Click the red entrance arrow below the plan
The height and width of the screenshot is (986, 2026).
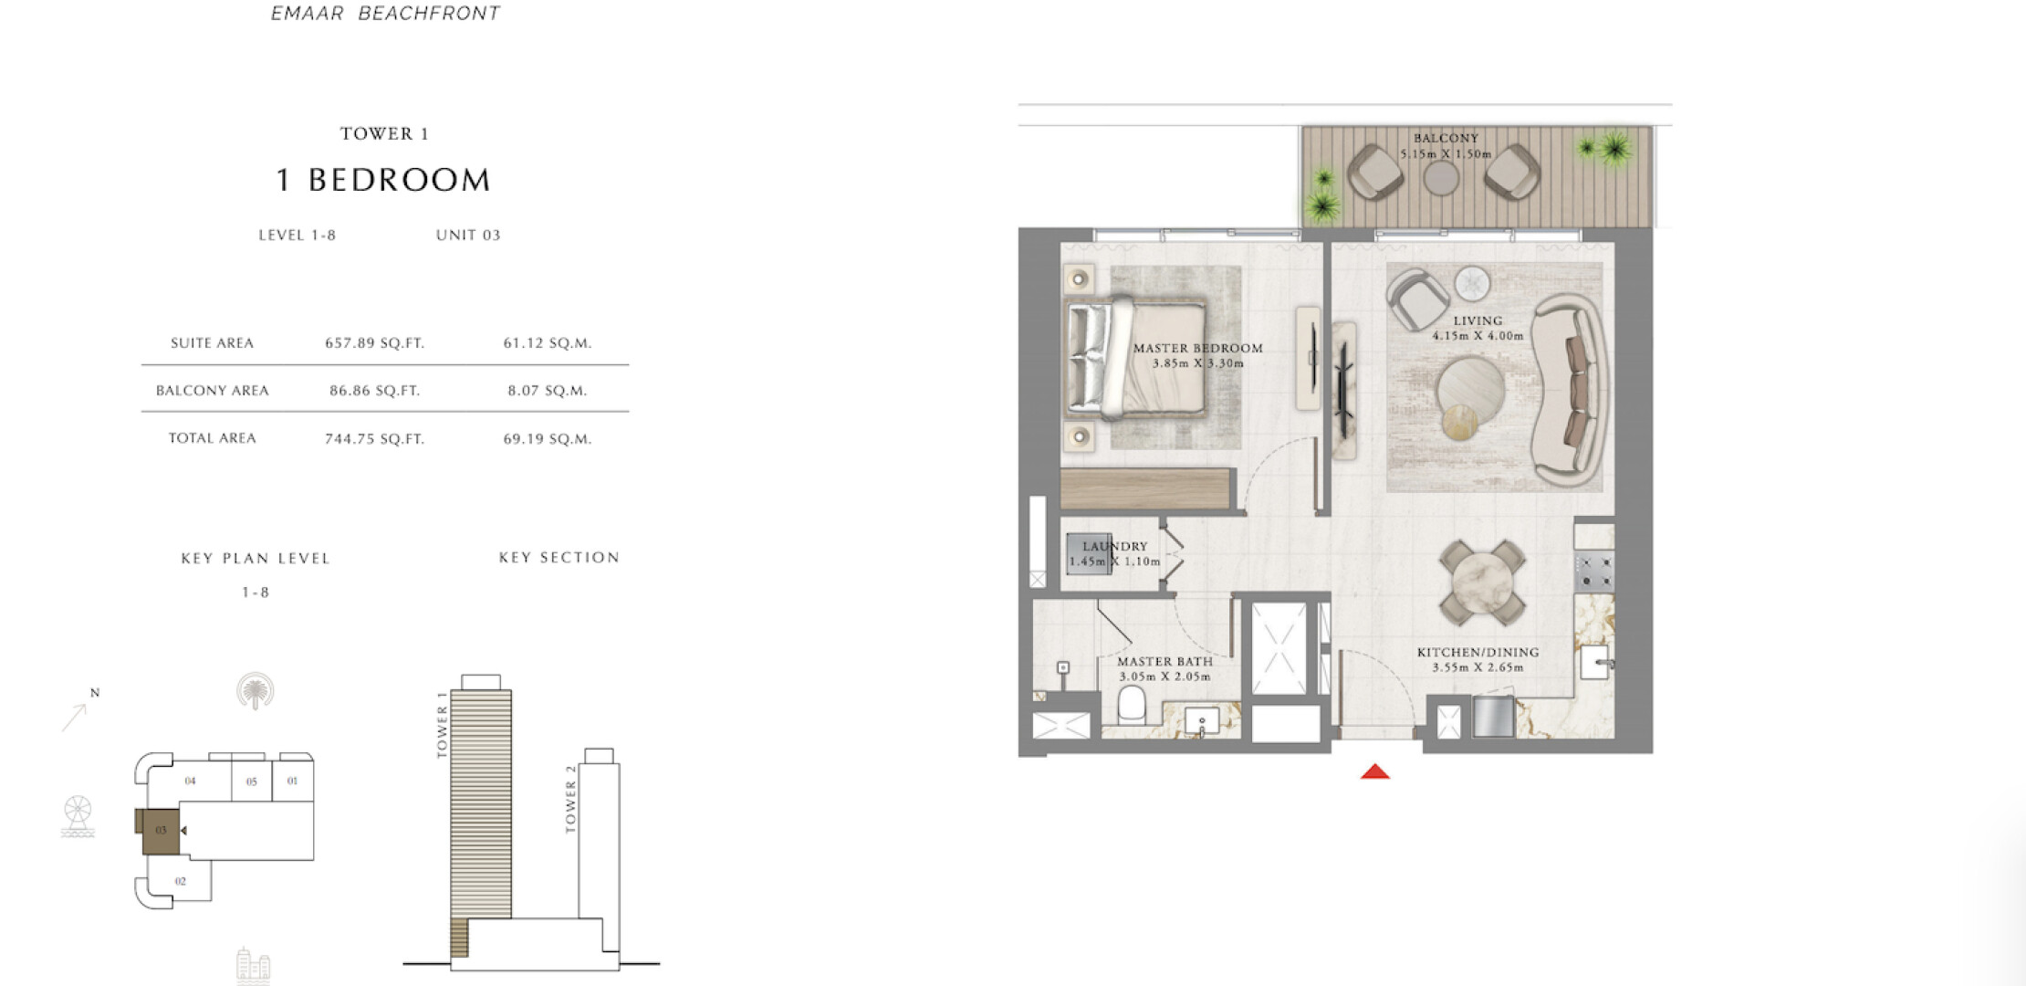coord(1375,772)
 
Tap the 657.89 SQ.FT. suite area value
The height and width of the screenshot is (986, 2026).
coord(375,343)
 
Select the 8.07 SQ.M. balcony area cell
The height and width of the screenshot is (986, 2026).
coord(548,391)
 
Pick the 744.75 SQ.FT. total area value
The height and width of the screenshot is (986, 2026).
coord(375,439)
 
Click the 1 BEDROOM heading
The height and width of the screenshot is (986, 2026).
coord(383,180)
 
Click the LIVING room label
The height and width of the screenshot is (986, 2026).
coord(1478,320)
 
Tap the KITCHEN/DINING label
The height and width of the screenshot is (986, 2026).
coord(1478,652)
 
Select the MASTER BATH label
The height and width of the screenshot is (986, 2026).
coord(1165,661)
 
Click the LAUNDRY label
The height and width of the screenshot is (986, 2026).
coord(1115,546)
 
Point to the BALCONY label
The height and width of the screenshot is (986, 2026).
coord(1446,139)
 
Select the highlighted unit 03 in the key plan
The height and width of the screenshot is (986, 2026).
coord(161,830)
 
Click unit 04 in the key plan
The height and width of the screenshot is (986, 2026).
coord(190,781)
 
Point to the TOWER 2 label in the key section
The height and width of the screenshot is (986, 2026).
coord(571,799)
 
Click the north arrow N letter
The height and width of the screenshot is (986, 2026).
coord(95,693)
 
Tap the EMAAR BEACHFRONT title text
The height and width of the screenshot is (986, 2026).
coord(385,14)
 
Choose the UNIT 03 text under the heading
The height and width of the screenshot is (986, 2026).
coord(468,235)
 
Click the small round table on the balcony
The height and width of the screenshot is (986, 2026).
coord(1441,177)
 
